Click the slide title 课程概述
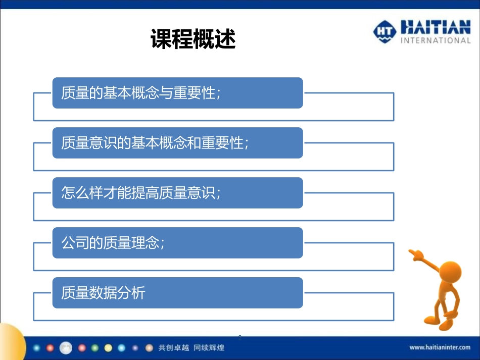tap(194, 39)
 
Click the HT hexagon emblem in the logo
tap(385, 32)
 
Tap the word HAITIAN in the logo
tap(435, 27)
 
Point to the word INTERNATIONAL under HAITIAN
tap(436, 41)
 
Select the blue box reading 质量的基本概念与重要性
tap(177, 93)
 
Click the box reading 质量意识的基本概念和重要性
tap(177, 143)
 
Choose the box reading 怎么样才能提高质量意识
tap(177, 193)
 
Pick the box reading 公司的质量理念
tap(177, 243)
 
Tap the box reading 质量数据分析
tap(177, 293)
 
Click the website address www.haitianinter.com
tap(440, 347)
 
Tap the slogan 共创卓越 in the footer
tap(173, 348)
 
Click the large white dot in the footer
tap(66, 347)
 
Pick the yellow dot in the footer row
tap(108, 348)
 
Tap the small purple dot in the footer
tap(135, 348)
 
